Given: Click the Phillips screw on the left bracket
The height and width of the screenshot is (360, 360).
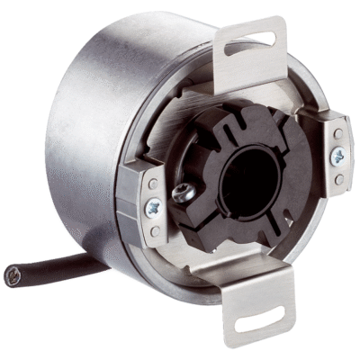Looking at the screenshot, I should pyautogui.click(x=152, y=208).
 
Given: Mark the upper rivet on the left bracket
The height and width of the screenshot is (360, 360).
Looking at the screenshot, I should pyautogui.click(x=153, y=192).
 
